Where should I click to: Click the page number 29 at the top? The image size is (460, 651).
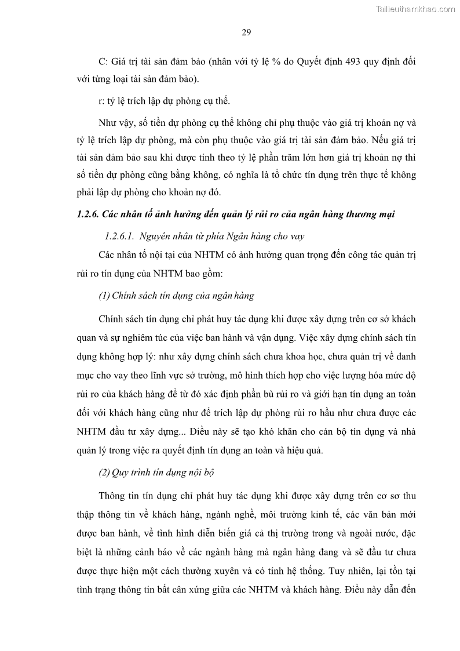[246, 32]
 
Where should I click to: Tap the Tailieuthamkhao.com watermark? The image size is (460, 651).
[415, 9]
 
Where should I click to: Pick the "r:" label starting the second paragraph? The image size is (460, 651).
[102, 101]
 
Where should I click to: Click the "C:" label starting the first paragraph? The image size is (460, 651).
[104, 61]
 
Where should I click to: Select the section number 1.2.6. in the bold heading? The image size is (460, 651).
[87, 214]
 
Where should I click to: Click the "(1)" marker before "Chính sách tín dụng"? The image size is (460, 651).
[105, 296]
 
